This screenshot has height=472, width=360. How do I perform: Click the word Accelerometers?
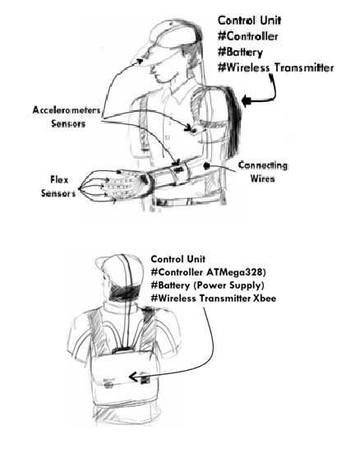coord(67,110)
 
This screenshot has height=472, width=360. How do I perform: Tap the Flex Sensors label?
coord(58,187)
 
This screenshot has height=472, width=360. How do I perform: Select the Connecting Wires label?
coord(262,172)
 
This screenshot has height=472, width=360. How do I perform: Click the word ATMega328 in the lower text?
coord(234,272)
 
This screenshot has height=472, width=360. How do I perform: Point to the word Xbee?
coord(265,298)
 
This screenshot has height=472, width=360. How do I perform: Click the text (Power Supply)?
coord(228,285)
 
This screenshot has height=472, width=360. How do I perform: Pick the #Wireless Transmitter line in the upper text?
coord(275,67)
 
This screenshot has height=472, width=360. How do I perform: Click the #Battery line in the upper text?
coord(240,53)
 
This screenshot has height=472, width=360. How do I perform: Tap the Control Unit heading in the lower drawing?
coord(178,259)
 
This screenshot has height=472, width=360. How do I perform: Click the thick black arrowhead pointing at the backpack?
coord(246,100)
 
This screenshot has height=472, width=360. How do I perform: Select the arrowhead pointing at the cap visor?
coord(139,61)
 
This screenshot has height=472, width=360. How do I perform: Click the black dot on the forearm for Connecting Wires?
coord(206,165)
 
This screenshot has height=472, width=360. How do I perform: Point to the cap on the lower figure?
coord(120,270)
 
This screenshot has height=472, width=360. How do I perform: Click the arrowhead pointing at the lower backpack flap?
coord(133,377)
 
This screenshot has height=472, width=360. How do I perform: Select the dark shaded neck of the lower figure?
coord(124,293)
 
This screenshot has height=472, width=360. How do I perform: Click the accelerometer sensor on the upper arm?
coord(190,129)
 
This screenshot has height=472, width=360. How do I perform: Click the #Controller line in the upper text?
coord(247,36)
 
